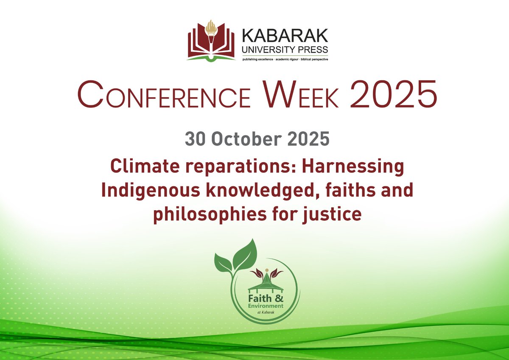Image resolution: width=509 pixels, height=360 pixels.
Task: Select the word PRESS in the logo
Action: click(x=311, y=50)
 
